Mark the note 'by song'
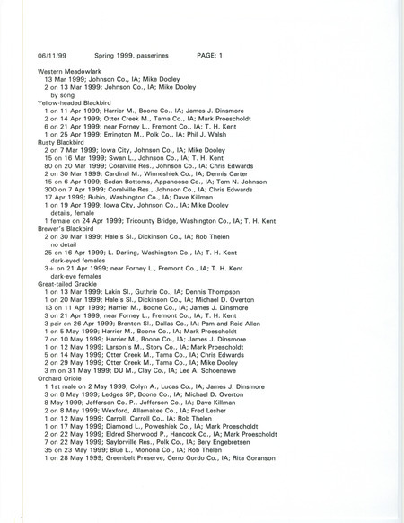[x=64, y=91]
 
